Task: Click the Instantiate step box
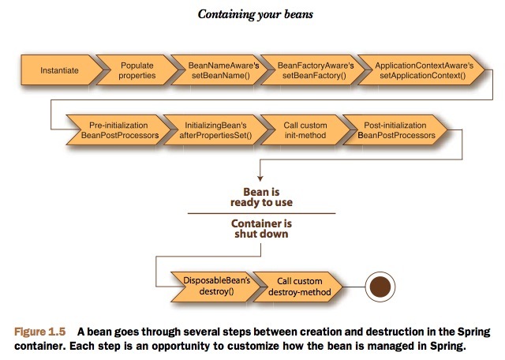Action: pyautogui.click(x=58, y=70)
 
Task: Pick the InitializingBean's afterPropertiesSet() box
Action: pyautogui.click(x=208, y=131)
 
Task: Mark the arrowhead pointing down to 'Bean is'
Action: pyautogui.click(x=259, y=179)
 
